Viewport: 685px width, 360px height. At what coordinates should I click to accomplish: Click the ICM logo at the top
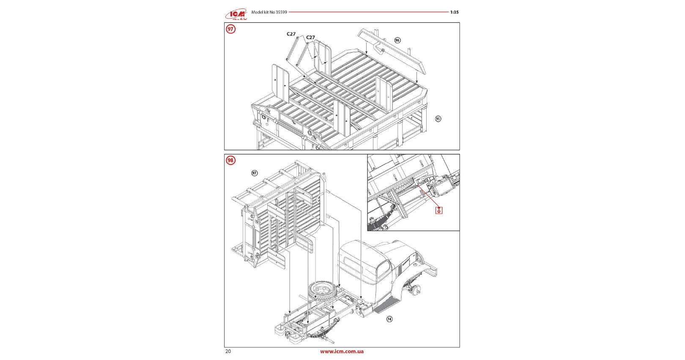[236, 14]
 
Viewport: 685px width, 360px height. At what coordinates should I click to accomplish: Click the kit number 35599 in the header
[281, 12]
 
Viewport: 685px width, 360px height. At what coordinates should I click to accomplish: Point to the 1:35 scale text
[454, 12]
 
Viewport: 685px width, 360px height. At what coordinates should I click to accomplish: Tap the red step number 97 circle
[230, 29]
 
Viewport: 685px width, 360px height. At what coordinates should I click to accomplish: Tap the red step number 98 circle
[230, 160]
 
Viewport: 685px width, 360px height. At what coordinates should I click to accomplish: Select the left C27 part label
[291, 34]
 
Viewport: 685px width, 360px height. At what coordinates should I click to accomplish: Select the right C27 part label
[310, 37]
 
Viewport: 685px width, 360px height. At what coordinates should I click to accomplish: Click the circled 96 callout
[397, 40]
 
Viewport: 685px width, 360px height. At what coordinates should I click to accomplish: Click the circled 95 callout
[438, 119]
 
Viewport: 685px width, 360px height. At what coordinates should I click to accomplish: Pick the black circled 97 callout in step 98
[255, 173]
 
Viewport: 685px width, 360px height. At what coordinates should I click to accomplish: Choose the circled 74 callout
[389, 319]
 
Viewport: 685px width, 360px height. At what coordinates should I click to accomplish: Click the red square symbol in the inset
[439, 210]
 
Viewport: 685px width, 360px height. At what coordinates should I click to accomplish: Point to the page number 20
[228, 352]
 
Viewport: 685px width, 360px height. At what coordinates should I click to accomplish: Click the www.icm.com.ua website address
[342, 352]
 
